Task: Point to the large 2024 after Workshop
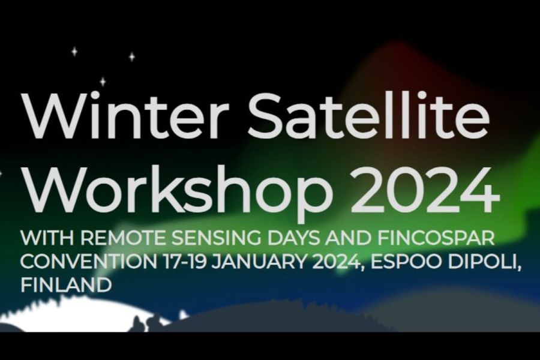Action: click(x=424, y=190)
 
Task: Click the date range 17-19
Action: click(x=184, y=262)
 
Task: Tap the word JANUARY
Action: click(x=258, y=262)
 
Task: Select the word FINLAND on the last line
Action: click(x=66, y=285)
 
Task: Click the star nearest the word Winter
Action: click(x=103, y=82)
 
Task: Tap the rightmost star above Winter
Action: click(x=131, y=56)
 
